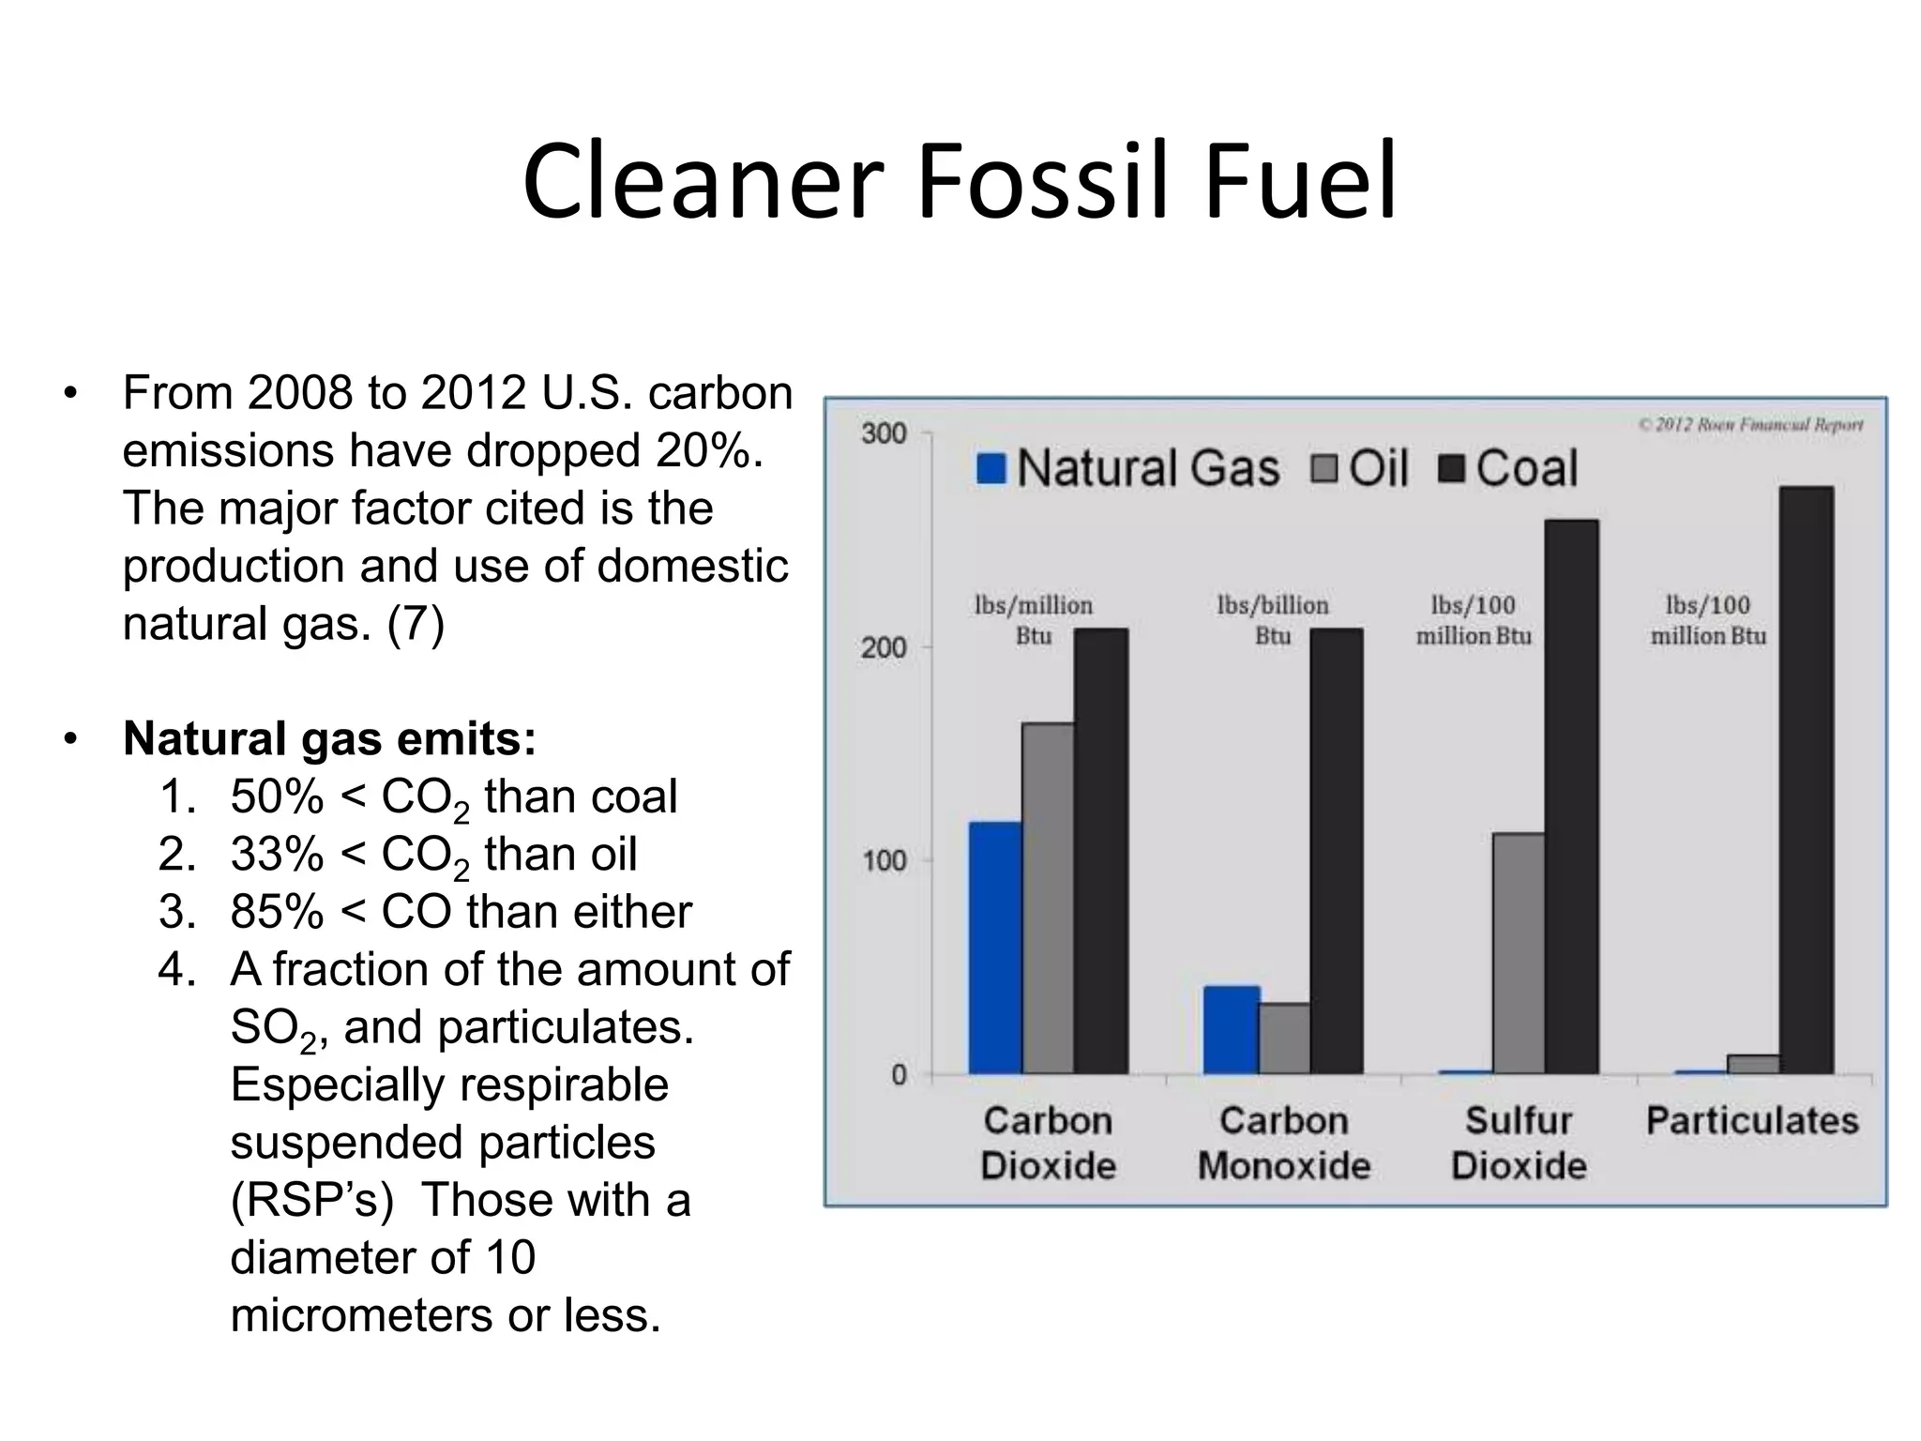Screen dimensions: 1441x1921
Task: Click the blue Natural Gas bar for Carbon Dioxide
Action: click(995, 948)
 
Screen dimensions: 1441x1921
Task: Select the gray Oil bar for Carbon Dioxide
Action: click(1048, 898)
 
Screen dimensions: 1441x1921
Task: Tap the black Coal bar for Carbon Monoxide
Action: click(1337, 851)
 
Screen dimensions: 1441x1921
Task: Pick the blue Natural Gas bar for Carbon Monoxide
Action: click(1231, 1029)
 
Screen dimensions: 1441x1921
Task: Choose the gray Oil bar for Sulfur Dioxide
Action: click(1519, 953)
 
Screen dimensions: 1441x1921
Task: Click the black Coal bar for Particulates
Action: click(1806, 780)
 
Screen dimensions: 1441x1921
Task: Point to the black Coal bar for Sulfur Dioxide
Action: click(1571, 796)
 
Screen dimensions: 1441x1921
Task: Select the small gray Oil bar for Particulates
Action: click(1753, 1065)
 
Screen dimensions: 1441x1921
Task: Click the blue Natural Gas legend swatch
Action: click(991, 468)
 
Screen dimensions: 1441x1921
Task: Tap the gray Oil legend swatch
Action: click(1324, 468)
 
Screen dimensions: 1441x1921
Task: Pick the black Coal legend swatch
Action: click(1451, 468)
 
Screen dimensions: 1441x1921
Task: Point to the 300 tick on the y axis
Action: click(884, 433)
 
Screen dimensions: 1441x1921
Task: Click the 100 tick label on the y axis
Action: click(884, 860)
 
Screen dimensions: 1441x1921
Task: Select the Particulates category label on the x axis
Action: click(1752, 1121)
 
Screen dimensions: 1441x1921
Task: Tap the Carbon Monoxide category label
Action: click(1283, 1144)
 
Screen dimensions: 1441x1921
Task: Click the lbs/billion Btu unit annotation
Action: click(1273, 620)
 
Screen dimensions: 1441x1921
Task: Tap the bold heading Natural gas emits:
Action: click(329, 739)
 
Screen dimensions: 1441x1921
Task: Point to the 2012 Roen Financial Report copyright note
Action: click(1750, 425)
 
